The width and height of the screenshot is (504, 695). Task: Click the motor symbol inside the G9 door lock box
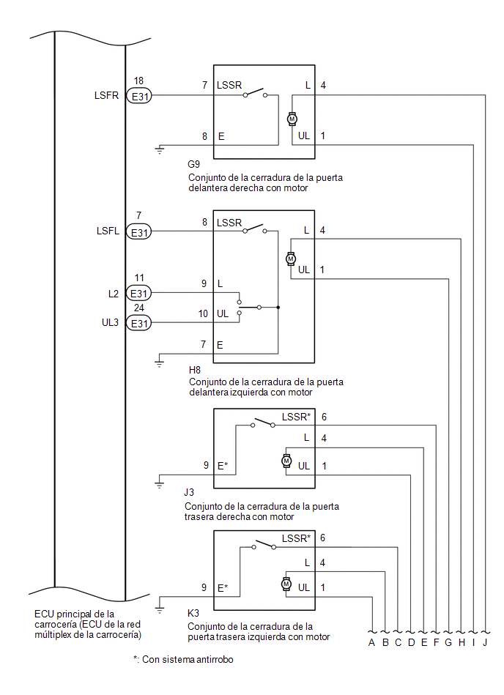pyautogui.click(x=292, y=119)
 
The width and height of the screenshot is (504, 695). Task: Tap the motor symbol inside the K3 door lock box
pyautogui.click(x=286, y=584)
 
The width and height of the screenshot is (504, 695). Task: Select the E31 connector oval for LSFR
pyautogui.click(x=139, y=96)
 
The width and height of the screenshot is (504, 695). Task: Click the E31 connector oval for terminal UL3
pyautogui.click(x=138, y=323)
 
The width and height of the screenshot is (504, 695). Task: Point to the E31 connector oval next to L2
pyautogui.click(x=138, y=294)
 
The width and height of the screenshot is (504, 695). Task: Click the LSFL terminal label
pyautogui.click(x=108, y=231)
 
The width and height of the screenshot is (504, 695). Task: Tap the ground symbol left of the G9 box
pyautogui.click(x=160, y=150)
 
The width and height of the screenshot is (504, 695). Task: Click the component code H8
pyautogui.click(x=195, y=370)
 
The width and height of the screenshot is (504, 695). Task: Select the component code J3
pyautogui.click(x=189, y=492)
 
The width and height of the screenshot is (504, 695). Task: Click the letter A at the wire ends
pyautogui.click(x=371, y=642)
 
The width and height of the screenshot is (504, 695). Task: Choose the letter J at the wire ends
pyautogui.click(x=485, y=642)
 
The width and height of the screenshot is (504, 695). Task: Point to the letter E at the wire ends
pyautogui.click(x=423, y=642)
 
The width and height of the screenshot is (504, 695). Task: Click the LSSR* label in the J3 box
pyautogui.click(x=296, y=417)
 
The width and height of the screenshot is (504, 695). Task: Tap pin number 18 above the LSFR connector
pyautogui.click(x=138, y=81)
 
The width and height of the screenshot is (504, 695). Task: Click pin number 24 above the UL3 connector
pyautogui.click(x=138, y=308)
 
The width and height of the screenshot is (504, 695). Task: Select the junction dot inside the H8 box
pyautogui.click(x=278, y=307)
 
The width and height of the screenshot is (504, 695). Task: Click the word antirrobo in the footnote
pyautogui.click(x=215, y=659)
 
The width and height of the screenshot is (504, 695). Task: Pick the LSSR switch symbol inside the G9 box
pyautogui.click(x=255, y=93)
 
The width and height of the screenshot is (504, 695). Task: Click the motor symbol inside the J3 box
pyautogui.click(x=286, y=461)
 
